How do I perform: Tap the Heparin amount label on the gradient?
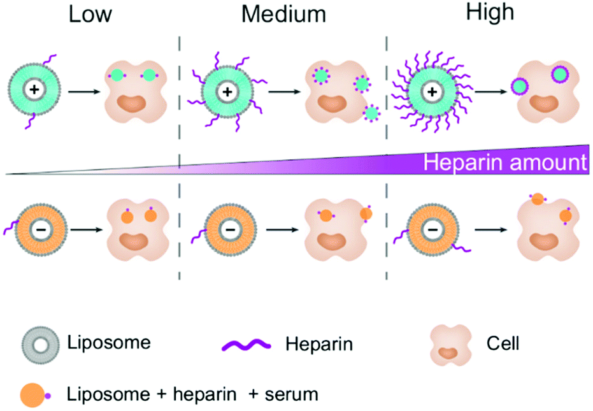pyautogui.click(x=504, y=162)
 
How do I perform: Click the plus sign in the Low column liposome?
pyautogui.click(x=34, y=91)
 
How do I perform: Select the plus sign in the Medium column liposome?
pyautogui.click(x=226, y=92)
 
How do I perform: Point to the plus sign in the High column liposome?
pyautogui.click(x=432, y=92)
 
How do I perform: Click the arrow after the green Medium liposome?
pyautogui.click(x=284, y=92)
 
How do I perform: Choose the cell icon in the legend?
pyautogui.click(x=451, y=345)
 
